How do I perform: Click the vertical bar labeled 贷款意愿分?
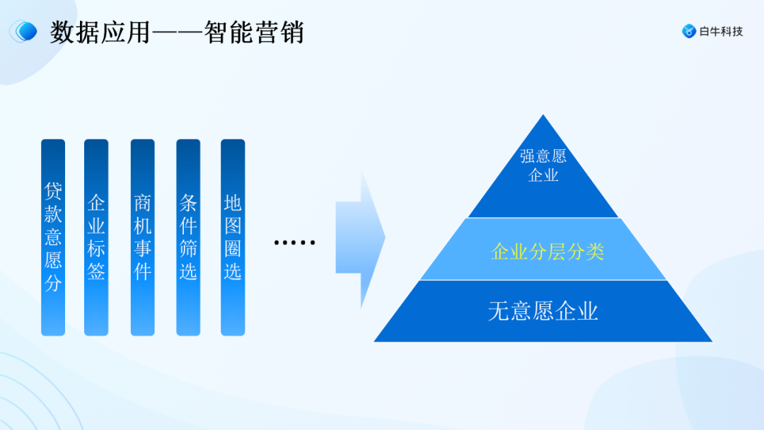(x=53, y=237)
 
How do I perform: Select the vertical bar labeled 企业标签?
(x=96, y=237)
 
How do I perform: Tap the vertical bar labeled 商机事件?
(x=142, y=237)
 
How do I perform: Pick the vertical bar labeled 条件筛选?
(x=188, y=237)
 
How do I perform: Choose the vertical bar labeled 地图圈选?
(x=233, y=237)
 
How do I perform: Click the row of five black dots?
(x=294, y=243)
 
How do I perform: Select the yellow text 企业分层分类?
(x=547, y=252)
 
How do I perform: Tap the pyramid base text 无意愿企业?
(x=543, y=311)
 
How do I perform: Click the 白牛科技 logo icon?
(x=688, y=31)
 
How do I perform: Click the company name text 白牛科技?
(x=721, y=31)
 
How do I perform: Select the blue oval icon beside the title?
(x=25, y=31)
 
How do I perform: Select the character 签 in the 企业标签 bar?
(x=96, y=271)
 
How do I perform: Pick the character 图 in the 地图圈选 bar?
(x=233, y=226)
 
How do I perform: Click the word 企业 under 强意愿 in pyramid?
(x=543, y=175)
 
